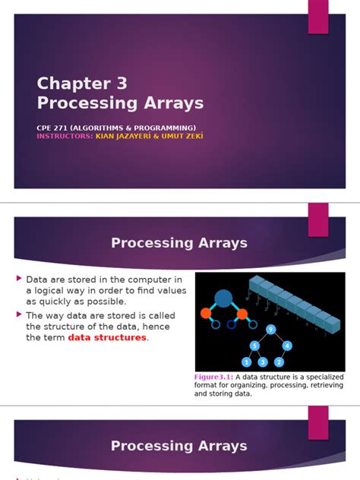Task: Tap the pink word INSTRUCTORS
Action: [x=64, y=136]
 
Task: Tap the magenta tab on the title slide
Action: [x=317, y=16]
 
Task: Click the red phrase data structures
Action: [x=107, y=338]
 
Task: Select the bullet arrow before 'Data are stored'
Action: [x=19, y=279]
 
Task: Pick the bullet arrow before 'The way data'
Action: [x=19, y=314]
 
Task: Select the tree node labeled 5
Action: [x=255, y=346]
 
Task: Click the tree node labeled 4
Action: [x=286, y=346]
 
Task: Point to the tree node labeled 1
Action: [x=245, y=362]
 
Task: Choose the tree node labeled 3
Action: [x=262, y=362]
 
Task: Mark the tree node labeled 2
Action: [x=279, y=362]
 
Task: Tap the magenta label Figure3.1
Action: [x=215, y=377]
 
